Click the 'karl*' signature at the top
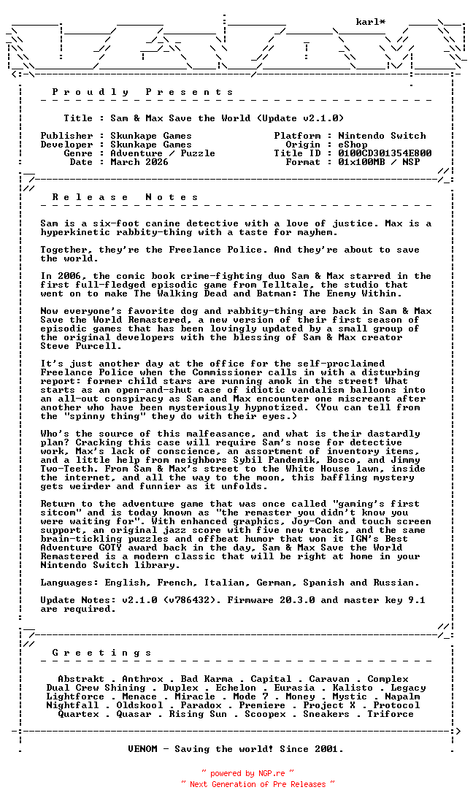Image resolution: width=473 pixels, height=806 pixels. [x=370, y=22]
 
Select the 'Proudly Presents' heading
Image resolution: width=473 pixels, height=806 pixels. [x=143, y=92]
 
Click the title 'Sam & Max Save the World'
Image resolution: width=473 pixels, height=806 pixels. [x=180, y=118]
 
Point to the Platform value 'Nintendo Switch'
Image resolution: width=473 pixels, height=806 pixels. [x=382, y=136]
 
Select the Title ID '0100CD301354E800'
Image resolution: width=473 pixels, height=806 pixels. [x=385, y=153]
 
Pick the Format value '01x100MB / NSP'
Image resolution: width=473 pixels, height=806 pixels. [x=379, y=162]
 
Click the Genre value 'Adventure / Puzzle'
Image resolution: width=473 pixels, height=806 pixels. [x=163, y=153]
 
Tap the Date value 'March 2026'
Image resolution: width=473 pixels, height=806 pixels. [x=139, y=162]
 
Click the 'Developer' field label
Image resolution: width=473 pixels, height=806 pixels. [x=66, y=145]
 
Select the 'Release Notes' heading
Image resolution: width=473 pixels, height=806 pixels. [x=126, y=197]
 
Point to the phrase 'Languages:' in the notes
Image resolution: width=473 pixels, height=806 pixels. [x=69, y=583]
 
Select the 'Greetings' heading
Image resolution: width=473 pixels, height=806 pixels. [x=102, y=653]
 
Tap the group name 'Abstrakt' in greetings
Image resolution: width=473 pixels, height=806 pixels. [x=81, y=679]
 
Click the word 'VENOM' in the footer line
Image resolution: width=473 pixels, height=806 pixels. [x=142, y=749]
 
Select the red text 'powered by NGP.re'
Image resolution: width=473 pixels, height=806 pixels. [x=247, y=773]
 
